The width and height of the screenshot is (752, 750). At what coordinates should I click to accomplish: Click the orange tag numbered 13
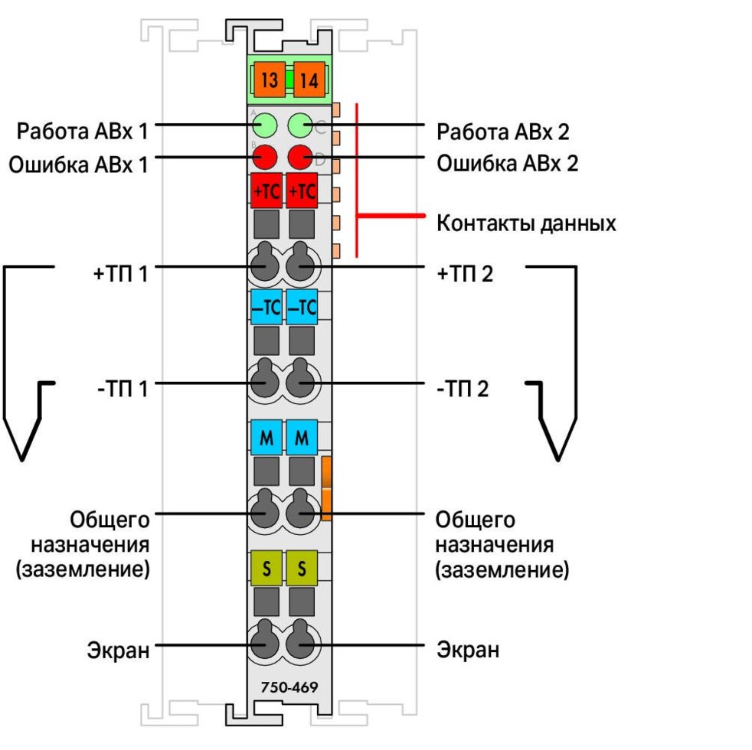coord(270,80)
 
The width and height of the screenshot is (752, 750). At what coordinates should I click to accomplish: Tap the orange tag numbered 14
coord(309,80)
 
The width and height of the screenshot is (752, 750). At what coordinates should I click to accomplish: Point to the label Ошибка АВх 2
coord(507,163)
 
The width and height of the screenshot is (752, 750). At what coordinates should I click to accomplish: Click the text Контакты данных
coord(526,224)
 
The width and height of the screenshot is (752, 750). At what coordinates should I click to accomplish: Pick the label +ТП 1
coord(119,272)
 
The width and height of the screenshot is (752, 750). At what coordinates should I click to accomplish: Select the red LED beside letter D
coord(299,157)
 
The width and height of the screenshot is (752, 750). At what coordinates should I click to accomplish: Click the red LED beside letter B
coord(265,157)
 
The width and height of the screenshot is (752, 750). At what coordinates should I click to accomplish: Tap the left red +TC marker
coord(266,191)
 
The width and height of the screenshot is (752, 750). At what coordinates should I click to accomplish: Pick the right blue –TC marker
coord(302,307)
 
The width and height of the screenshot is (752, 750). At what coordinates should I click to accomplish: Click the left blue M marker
coord(266,439)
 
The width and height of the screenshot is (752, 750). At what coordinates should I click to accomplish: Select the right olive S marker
coord(302,569)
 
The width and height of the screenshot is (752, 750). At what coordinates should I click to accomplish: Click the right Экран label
coord(468,651)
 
